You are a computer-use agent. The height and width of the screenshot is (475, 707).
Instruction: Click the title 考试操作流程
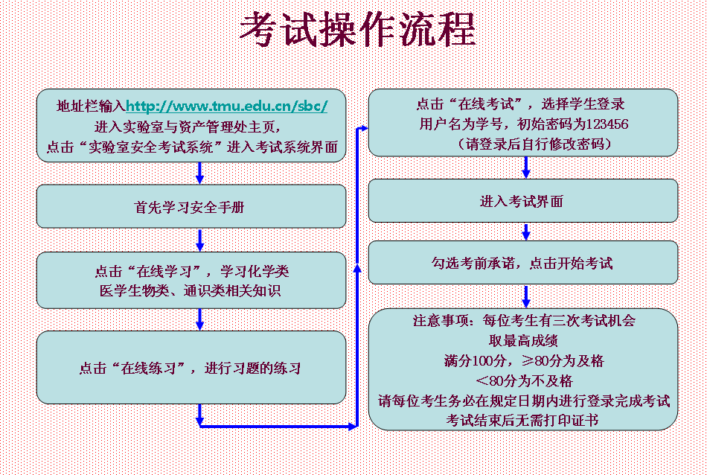[x=357, y=29]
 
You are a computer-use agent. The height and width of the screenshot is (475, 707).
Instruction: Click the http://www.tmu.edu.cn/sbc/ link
[x=226, y=106]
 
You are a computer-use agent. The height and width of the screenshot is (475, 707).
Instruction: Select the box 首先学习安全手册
[x=191, y=206]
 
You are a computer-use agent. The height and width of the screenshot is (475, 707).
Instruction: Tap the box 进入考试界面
[x=523, y=201]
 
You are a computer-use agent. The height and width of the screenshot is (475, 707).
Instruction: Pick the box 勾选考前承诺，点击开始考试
[x=523, y=263]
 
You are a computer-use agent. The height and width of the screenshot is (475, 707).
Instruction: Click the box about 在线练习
[x=191, y=367]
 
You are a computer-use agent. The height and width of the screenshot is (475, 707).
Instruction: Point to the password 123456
[x=607, y=124]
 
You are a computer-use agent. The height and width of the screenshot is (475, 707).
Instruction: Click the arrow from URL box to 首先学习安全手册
[x=199, y=173]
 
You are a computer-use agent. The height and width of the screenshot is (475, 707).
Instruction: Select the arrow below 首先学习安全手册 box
[x=199, y=240]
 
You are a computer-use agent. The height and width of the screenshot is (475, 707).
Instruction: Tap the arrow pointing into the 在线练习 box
[x=199, y=320]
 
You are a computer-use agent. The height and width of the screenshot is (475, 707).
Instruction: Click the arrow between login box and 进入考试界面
[x=525, y=168]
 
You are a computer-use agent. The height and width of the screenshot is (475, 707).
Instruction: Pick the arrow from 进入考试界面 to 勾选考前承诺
[x=525, y=232]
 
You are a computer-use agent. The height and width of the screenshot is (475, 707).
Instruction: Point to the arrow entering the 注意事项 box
[x=525, y=297]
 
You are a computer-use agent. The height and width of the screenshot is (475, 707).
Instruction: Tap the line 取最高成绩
[x=523, y=340]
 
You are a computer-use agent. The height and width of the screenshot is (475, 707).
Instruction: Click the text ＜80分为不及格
[x=524, y=380]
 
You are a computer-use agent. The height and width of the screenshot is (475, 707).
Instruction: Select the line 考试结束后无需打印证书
[x=522, y=421]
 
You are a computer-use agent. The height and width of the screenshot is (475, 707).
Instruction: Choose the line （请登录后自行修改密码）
[x=534, y=144]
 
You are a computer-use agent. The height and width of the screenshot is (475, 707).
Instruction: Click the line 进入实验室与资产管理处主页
[x=188, y=127]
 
